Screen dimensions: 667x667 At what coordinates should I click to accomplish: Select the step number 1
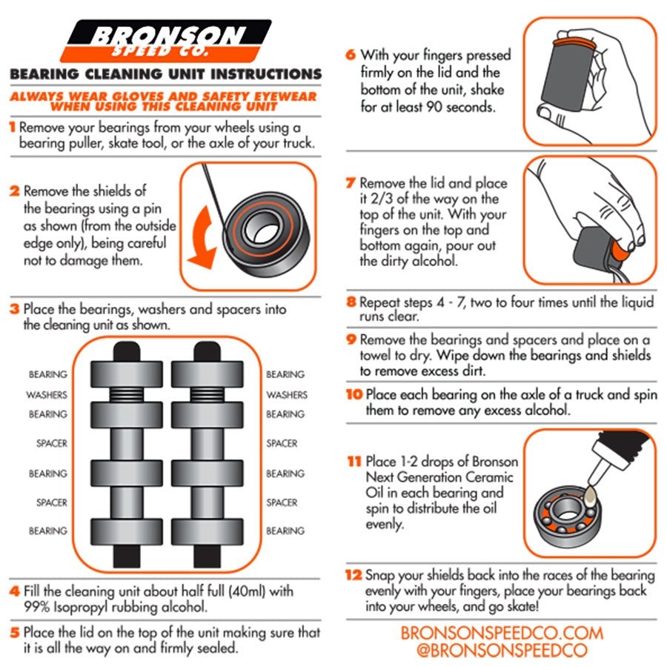[x=12, y=127]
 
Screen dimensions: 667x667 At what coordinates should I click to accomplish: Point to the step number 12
[x=353, y=576]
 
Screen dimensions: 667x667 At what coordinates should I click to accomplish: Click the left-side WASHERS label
[x=47, y=395]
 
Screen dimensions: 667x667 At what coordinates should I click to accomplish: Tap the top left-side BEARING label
[x=47, y=374]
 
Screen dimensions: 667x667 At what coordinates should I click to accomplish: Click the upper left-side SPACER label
[x=51, y=443]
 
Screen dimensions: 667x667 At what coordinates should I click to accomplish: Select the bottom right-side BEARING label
[x=285, y=531]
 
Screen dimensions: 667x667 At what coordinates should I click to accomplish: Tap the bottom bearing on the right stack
[x=208, y=531]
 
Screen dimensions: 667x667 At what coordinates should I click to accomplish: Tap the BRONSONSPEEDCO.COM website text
[x=502, y=633]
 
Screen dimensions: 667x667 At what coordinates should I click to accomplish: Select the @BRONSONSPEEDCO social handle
[x=502, y=651]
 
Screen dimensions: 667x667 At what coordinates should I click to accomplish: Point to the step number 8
[x=351, y=302]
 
